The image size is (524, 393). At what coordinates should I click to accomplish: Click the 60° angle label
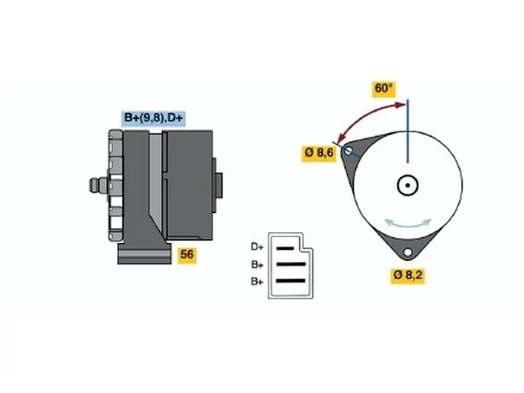384,88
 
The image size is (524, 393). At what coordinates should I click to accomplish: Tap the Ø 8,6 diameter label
319,153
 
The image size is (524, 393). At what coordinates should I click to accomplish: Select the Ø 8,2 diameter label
408,275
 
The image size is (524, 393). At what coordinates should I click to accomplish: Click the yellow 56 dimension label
187,254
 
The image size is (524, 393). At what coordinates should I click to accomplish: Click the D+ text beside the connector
257,247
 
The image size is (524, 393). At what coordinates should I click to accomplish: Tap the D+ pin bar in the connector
285,248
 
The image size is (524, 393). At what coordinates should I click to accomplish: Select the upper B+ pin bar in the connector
291,265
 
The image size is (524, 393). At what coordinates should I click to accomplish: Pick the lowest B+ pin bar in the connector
291,281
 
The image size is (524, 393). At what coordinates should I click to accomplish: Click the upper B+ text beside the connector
258,265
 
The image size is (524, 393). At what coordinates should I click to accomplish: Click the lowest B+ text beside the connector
258,282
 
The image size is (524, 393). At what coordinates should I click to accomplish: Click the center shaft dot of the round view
408,185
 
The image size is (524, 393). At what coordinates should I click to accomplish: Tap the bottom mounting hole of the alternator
408,252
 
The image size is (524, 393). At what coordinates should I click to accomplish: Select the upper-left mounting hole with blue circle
348,151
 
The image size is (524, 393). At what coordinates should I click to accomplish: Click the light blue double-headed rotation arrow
408,223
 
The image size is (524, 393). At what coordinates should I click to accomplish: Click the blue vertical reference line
408,131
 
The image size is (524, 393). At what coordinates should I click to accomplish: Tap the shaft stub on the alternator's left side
98,185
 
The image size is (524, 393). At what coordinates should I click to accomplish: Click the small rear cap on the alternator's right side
218,185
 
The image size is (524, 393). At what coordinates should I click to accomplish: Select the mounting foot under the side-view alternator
145,253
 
